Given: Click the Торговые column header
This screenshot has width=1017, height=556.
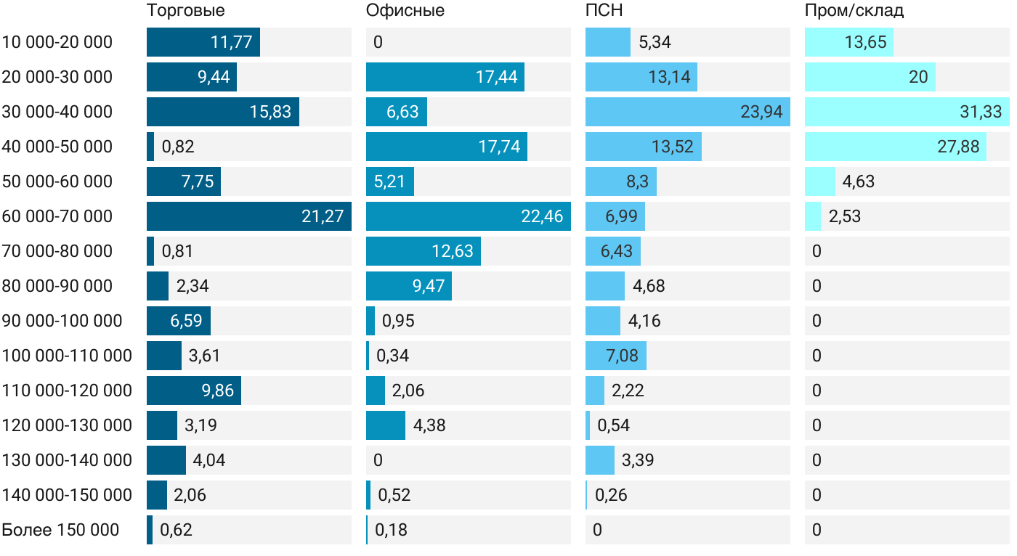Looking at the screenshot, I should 185,11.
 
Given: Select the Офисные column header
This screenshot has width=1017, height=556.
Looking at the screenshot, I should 405,11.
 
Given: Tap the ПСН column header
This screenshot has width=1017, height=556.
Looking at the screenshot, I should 604,11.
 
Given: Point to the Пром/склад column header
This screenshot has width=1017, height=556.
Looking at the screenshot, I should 854,11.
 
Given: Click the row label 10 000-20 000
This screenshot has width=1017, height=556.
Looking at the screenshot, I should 57,42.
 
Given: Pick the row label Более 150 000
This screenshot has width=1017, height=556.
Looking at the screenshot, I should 60,530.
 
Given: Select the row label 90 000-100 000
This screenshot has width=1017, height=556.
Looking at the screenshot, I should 62,321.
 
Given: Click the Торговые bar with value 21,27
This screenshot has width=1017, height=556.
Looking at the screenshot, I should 248,216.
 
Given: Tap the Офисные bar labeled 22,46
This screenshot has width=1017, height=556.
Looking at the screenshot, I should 468,216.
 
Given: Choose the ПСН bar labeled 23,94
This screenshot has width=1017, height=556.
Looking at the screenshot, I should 687,112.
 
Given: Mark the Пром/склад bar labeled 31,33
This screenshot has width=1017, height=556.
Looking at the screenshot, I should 907,112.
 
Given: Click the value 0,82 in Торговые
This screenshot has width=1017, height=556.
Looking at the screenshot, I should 177,147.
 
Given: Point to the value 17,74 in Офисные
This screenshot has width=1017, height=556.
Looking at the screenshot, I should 499,147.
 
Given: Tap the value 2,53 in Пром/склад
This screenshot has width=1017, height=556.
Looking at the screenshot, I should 844,216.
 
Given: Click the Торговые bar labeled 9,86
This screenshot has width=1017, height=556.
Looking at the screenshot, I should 193,391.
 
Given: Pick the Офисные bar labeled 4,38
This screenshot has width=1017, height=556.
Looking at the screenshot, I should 385,425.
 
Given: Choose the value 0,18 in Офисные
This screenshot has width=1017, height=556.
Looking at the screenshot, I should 391,530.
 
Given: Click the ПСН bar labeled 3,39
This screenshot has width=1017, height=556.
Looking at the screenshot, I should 600,460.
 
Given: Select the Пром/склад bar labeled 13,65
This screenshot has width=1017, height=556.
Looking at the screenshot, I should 848,42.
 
